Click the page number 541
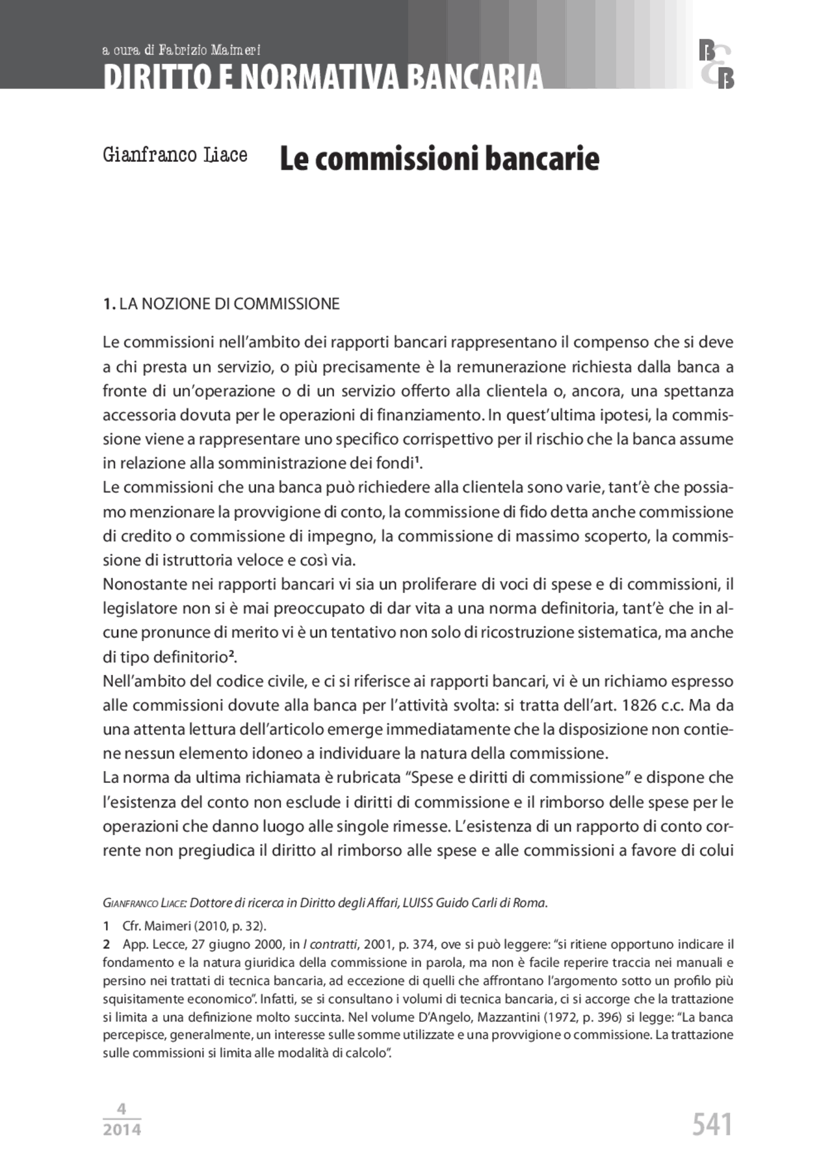[x=712, y=1124]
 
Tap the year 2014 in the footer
[x=122, y=1129]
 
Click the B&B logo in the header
[x=716, y=64]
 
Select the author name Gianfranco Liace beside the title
[x=175, y=155]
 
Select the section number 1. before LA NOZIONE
[x=109, y=304]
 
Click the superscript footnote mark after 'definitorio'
[x=231, y=654]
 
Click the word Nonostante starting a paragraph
[x=144, y=585]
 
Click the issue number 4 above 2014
[x=122, y=1109]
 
